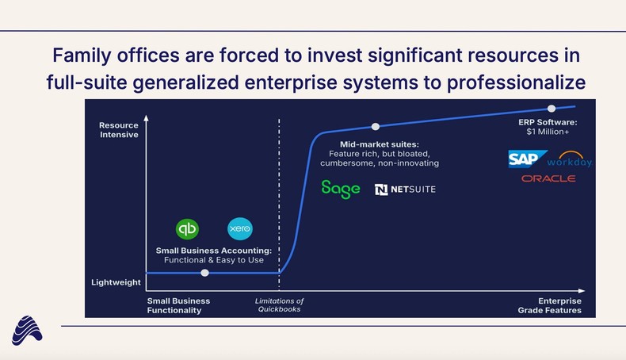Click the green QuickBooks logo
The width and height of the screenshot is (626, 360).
pos(187,229)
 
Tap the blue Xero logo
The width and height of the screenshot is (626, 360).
pos(239,229)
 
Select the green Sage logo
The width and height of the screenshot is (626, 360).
pos(341,189)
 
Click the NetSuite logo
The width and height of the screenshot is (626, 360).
pos(405,190)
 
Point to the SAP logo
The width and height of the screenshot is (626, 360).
pos(528,159)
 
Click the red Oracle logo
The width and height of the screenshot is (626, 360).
pos(548,178)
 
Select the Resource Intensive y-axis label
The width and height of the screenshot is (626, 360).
pos(118,130)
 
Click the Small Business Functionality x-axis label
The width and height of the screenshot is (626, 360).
pos(179,305)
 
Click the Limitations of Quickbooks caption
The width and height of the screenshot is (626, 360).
pos(279,305)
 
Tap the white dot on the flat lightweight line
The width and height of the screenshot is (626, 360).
pos(205,273)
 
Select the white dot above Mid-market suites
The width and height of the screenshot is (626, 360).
pos(376,126)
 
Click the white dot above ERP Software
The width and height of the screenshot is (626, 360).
pos(552,108)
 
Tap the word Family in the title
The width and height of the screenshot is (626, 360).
pos(82,56)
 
